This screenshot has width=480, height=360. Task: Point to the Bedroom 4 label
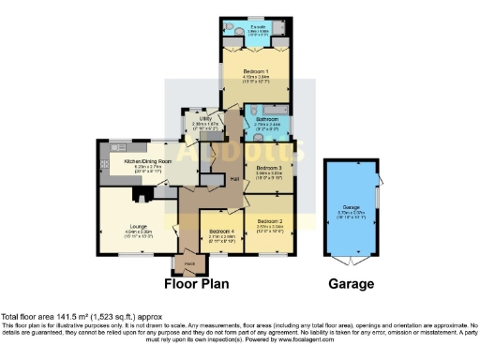click(222, 231)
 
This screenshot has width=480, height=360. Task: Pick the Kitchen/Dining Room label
click(148, 161)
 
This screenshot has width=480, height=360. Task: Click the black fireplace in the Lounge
click(139, 195)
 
